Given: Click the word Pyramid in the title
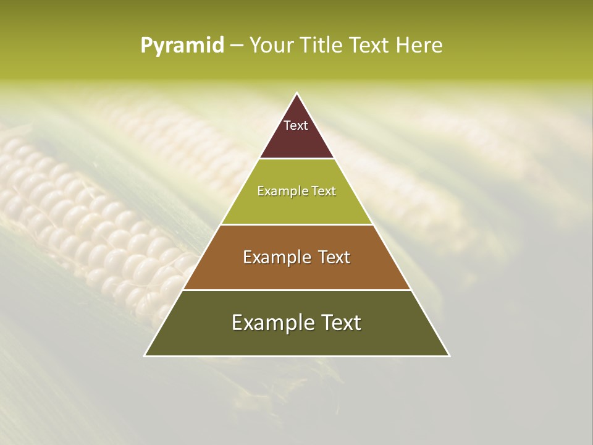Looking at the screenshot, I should click(182, 46).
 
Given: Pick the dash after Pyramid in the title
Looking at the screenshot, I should click(236, 46).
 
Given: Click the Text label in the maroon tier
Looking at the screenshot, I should click(296, 125).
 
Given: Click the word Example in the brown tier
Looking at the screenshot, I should click(274, 257).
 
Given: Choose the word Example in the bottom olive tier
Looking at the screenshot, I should click(269, 323).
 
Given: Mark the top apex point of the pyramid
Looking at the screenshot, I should click(297, 93).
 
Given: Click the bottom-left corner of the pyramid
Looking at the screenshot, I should click(145, 355).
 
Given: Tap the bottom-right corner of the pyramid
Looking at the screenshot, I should click(449, 355).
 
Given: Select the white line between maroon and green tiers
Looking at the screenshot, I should click(297, 158).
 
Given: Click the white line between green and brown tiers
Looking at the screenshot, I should click(297, 224).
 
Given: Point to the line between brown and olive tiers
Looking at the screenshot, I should click(297, 290).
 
